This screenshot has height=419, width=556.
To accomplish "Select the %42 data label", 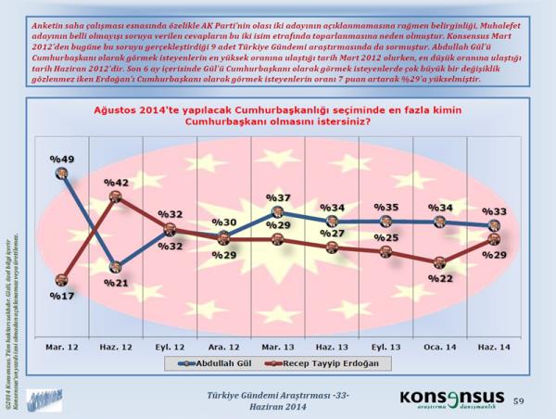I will coord(115,183).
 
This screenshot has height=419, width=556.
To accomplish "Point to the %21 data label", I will coord(115,282).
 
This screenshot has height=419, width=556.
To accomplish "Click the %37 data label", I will coord(279,197).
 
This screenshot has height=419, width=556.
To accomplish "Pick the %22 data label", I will coord(444,277).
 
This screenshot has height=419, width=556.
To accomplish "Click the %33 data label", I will coord(498,209).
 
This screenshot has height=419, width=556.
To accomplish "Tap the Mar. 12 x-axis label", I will coord(60,321).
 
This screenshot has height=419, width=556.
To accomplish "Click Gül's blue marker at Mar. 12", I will coord(61,172).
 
